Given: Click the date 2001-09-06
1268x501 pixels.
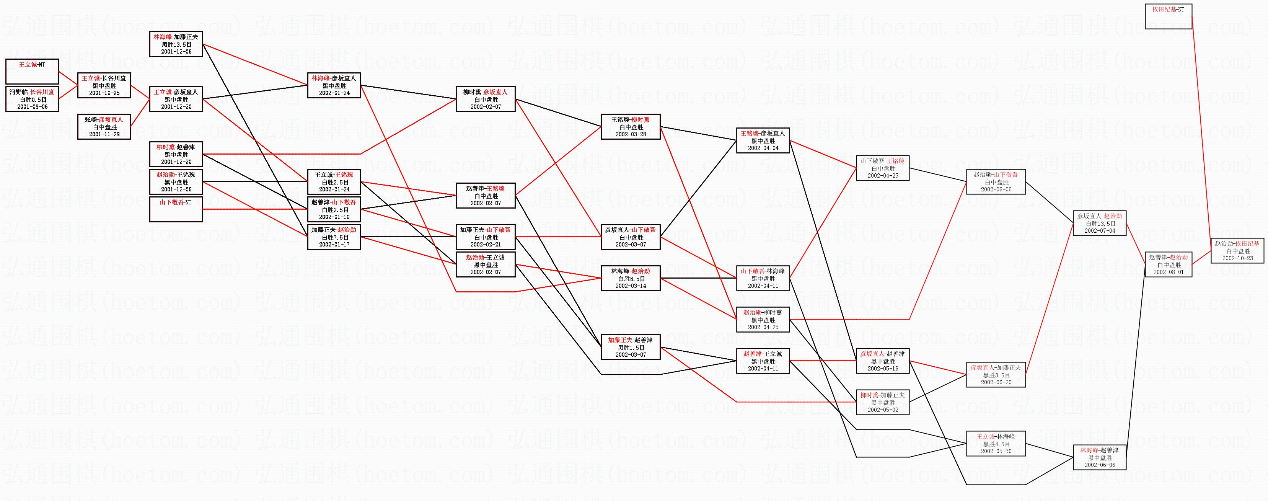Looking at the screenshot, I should (x=32, y=107).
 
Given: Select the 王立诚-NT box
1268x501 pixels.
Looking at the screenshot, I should (x=32, y=72).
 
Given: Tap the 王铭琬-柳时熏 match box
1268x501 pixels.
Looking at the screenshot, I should (x=630, y=127).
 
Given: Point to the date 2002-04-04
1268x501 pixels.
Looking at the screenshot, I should (x=763, y=148).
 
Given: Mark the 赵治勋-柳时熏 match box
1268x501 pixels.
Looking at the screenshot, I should (x=763, y=320).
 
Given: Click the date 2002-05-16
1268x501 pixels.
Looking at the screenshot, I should (x=883, y=369).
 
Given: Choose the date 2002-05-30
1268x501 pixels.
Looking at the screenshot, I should (x=996, y=451).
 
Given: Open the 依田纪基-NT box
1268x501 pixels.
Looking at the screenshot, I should (x=1169, y=16).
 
